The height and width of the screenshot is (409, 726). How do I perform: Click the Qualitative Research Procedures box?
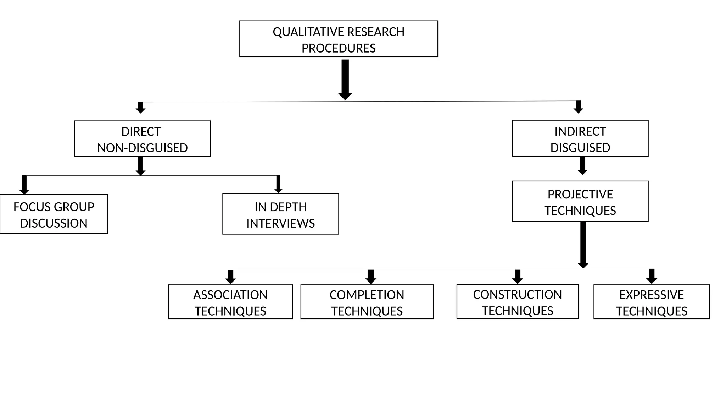(339, 39)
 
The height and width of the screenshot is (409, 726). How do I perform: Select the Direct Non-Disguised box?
(142, 139)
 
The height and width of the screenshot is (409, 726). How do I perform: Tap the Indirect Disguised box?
(580, 138)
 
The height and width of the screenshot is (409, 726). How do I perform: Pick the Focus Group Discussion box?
(54, 214)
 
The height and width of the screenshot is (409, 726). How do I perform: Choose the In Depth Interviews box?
(280, 214)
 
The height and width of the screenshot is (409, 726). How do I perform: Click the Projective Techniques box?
(580, 202)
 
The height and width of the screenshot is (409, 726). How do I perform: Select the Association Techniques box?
(230, 302)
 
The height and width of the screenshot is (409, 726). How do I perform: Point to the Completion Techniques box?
(367, 302)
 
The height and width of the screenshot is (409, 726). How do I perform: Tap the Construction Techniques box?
(517, 302)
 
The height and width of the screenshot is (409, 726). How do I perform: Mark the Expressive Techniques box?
(652, 302)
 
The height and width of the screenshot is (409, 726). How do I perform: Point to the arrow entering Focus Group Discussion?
(24, 185)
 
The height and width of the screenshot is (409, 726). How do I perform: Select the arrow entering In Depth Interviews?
(278, 184)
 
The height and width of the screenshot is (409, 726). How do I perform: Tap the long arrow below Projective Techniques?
(583, 245)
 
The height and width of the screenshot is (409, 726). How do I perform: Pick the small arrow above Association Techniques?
(230, 277)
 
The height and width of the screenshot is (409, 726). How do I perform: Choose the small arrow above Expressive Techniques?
(652, 276)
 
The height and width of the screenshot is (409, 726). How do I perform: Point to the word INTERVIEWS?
(280, 223)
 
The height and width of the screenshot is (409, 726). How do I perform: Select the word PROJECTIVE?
(580, 195)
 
